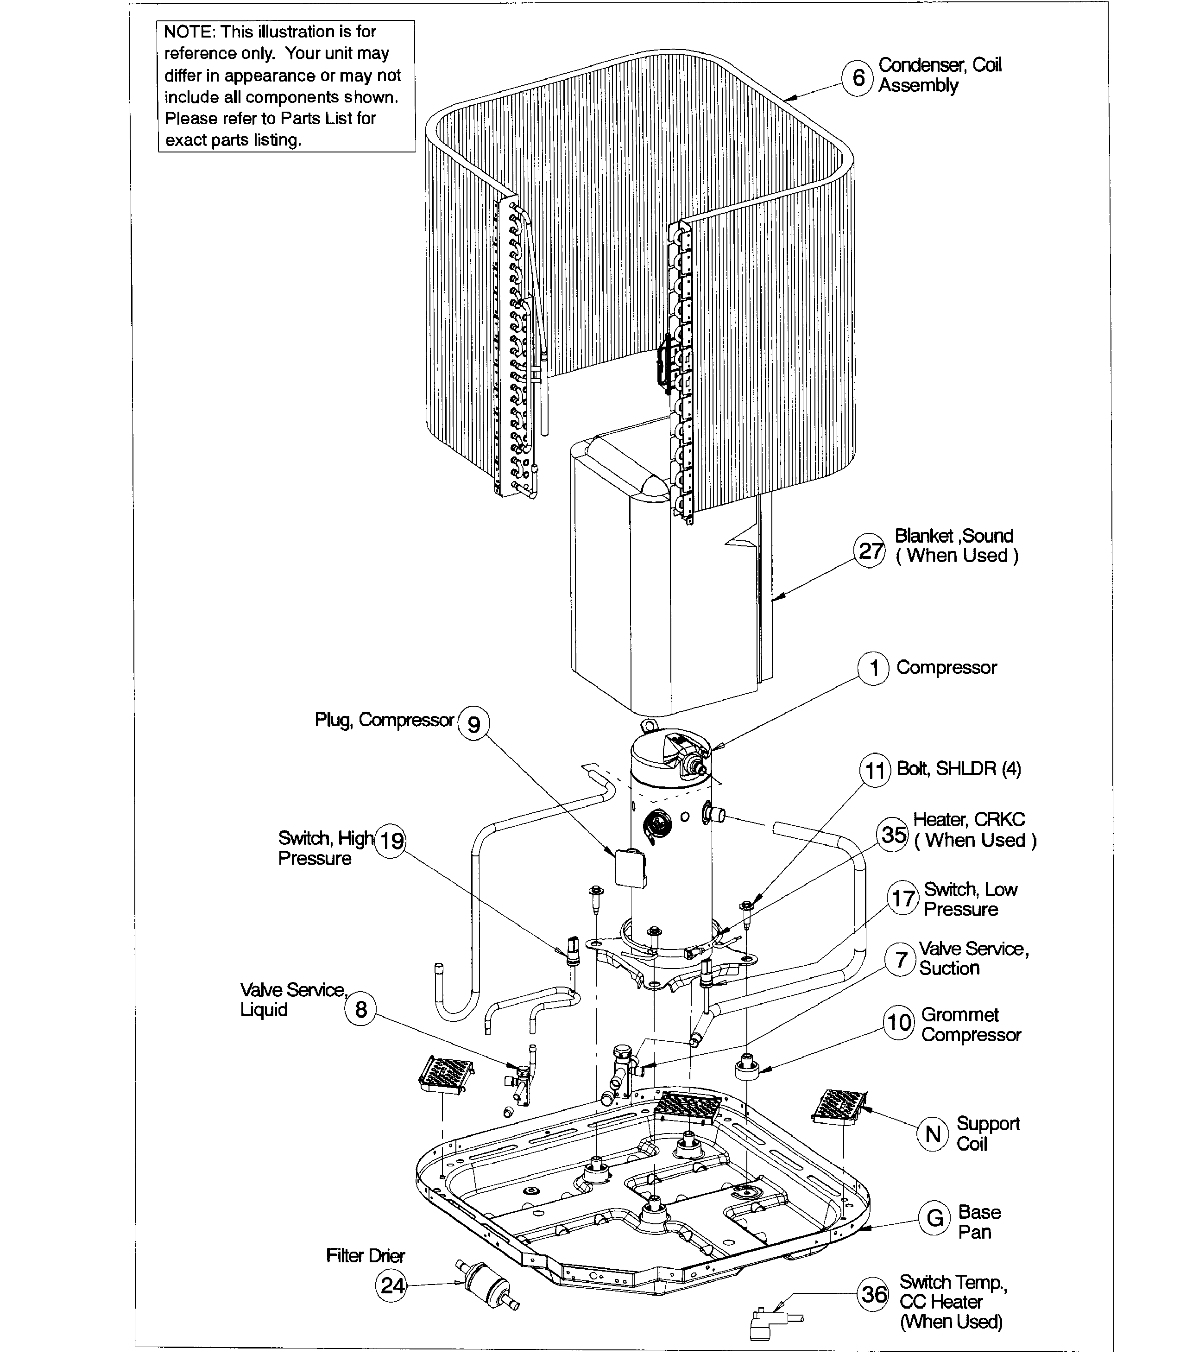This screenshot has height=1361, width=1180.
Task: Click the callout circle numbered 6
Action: click(x=858, y=78)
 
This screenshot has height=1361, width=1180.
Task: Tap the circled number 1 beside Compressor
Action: click(x=874, y=669)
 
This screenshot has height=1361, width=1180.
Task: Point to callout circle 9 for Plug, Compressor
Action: click(x=473, y=723)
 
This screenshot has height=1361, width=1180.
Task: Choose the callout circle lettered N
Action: click(x=933, y=1134)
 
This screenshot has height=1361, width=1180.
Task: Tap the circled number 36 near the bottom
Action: click(x=874, y=1294)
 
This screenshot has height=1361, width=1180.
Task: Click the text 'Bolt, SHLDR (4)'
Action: click(x=959, y=769)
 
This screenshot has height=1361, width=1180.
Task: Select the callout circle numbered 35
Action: click(x=894, y=835)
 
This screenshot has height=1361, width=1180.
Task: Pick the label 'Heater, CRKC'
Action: click(x=969, y=819)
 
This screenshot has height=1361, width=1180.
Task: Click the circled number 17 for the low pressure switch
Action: click(x=903, y=898)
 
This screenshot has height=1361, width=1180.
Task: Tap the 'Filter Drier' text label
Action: click(x=366, y=1256)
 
